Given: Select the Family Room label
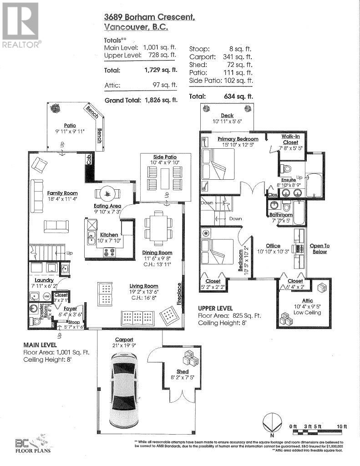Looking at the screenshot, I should pyautogui.click(x=63, y=193).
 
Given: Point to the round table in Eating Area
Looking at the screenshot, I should pyautogui.click(x=108, y=193).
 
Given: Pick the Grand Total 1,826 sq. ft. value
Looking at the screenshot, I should pyautogui.click(x=162, y=100).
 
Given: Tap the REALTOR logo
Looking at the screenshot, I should pyautogui.click(x=21, y=25).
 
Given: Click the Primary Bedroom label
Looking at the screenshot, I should pyautogui.click(x=238, y=139).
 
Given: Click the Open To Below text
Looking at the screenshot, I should pyautogui.click(x=319, y=248).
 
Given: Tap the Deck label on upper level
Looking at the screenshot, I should pyautogui.click(x=227, y=116).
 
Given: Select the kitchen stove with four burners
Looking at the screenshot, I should pyautogui.click(x=109, y=252).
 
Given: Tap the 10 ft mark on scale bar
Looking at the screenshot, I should pyautogui.click(x=342, y=426).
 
